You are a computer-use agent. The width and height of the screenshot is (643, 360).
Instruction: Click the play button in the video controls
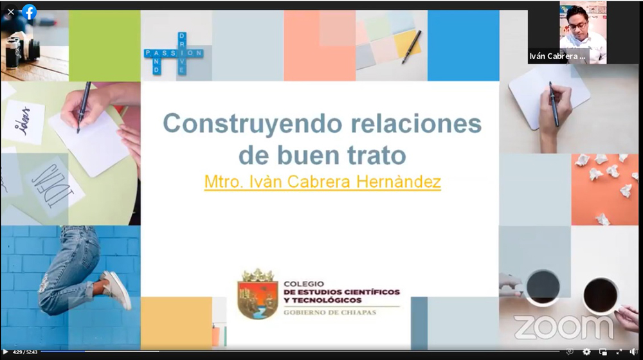point(5,352)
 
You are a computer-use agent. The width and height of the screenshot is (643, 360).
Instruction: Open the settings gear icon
point(587,352)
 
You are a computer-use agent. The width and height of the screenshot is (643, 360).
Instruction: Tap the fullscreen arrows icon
point(619,352)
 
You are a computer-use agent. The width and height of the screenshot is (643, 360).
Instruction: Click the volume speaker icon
point(633,352)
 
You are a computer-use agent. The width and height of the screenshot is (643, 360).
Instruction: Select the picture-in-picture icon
point(603,352)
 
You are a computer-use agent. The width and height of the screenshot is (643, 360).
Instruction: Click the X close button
point(11,12)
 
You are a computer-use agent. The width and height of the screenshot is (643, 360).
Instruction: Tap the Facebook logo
point(29,12)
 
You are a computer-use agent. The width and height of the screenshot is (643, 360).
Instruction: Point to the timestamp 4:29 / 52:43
point(25,352)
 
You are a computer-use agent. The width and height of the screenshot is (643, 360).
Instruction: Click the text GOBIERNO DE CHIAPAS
point(330,312)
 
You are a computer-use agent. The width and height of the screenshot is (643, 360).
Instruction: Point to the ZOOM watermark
point(565,327)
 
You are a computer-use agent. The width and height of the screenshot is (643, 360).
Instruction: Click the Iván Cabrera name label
point(557,57)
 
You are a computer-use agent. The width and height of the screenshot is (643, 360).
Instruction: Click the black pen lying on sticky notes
point(412,47)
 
